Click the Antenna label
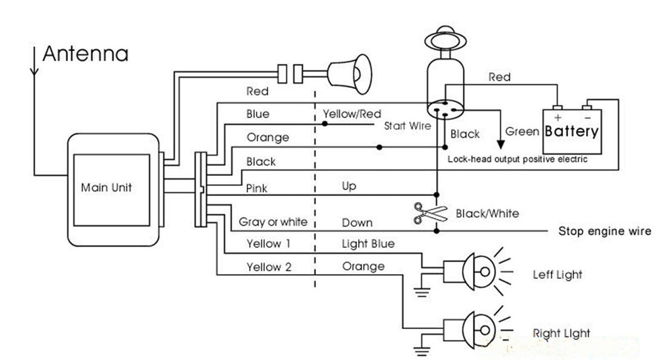tap(85, 54)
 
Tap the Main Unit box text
tap(106, 187)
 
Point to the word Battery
tap(571, 131)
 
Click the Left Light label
tap(557, 275)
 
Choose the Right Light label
tap(561, 333)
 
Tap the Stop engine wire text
tap(605, 232)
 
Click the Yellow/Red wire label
tap(351, 114)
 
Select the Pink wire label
tap(257, 189)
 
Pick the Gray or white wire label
tap(273, 222)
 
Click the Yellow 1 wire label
tap(269, 243)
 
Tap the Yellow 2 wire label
tap(269, 267)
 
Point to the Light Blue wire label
tap(368, 243)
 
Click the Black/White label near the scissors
tap(487, 214)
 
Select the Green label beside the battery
tap(522, 132)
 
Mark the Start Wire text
tap(407, 126)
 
